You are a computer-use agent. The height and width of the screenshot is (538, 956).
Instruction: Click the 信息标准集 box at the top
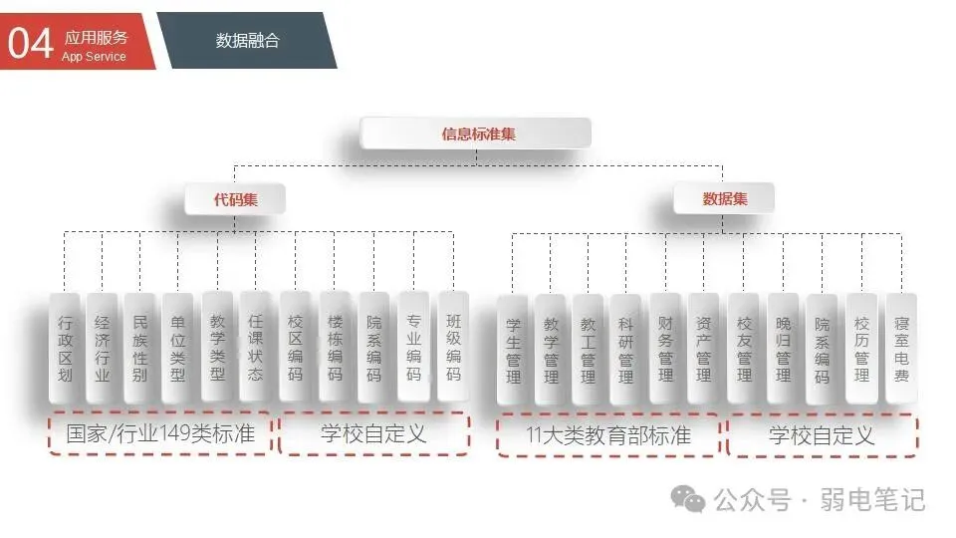pyautogui.click(x=476, y=134)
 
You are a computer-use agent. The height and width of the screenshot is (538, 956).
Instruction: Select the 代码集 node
pyautogui.click(x=235, y=199)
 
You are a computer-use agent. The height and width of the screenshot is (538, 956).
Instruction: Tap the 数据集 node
pyautogui.click(x=724, y=199)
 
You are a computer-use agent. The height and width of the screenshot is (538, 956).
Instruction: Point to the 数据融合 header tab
pyautogui.click(x=248, y=41)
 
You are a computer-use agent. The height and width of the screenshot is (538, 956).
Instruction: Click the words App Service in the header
pyautogui.click(x=95, y=57)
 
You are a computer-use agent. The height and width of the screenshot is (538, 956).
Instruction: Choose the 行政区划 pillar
pyautogui.click(x=65, y=349)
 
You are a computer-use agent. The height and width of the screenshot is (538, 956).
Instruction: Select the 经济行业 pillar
pyautogui.click(x=102, y=349)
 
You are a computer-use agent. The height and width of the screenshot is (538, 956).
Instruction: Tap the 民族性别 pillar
pyautogui.click(x=139, y=349)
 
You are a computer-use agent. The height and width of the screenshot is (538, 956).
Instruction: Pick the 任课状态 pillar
pyautogui.click(x=256, y=349)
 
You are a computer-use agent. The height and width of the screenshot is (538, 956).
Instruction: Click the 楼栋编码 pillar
pyautogui.click(x=335, y=349)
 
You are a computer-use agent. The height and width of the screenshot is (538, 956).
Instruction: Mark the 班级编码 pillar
pyautogui.click(x=453, y=349)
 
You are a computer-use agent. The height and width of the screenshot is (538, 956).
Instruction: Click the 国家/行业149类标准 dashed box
pyautogui.click(x=160, y=434)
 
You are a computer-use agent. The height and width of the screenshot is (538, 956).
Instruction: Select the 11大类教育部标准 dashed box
pyautogui.click(x=607, y=435)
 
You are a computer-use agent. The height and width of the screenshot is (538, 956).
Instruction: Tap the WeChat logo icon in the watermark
pyautogui.click(x=688, y=498)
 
